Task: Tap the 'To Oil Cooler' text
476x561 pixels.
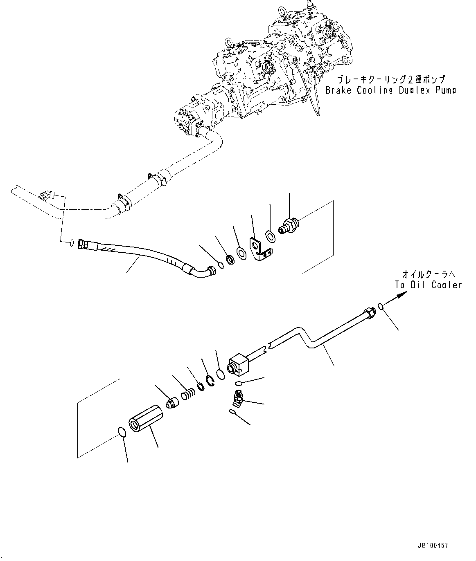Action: click(x=428, y=285)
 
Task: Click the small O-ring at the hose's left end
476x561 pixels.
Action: click(x=72, y=242)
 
